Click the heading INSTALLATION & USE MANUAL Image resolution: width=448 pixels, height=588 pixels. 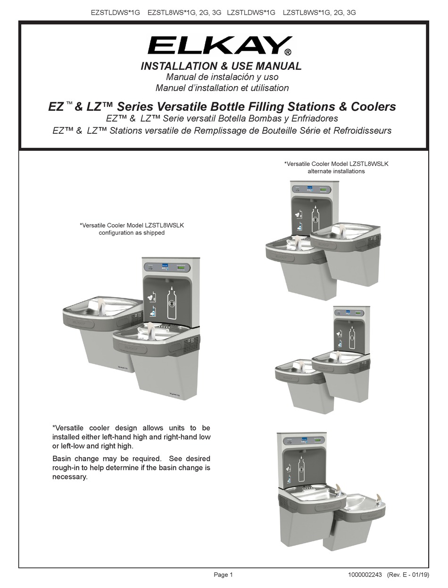pyautogui.click(x=221, y=66)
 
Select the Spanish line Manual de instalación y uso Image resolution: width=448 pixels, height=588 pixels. pyautogui.click(x=222, y=77)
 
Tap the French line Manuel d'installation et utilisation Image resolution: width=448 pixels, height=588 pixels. pyautogui.click(x=222, y=88)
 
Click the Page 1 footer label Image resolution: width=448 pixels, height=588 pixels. pyautogui.click(x=224, y=575)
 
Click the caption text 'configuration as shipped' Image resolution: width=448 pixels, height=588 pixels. pyautogui.click(x=132, y=233)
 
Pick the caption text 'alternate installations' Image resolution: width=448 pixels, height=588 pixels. pyautogui.click(x=336, y=171)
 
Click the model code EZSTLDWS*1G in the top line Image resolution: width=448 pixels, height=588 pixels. pyautogui.click(x=116, y=13)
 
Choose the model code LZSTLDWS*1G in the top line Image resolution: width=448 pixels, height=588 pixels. pyautogui.click(x=251, y=13)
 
